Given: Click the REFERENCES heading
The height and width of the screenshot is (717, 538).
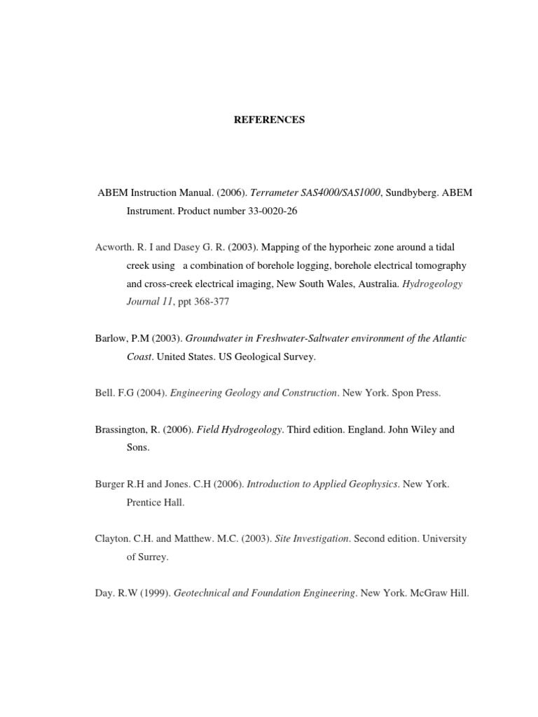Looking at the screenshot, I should (269, 120).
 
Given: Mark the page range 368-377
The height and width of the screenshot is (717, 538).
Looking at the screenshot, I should (211, 302).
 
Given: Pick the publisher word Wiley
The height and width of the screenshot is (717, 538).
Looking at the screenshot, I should (424, 429).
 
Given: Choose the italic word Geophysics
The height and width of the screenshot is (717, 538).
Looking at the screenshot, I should (368, 484).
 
